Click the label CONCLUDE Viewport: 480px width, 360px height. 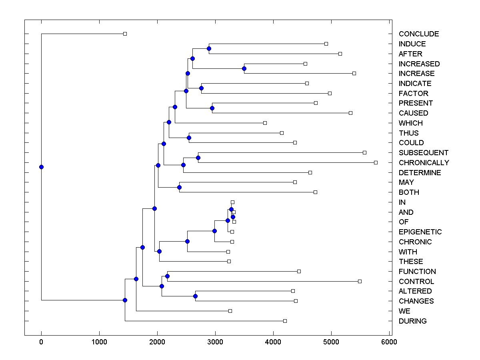(x=418, y=34)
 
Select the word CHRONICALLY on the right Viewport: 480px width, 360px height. (x=424, y=163)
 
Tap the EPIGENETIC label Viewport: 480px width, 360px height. (x=420, y=232)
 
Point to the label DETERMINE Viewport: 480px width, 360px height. (x=420, y=173)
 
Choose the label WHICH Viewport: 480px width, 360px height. (x=410, y=123)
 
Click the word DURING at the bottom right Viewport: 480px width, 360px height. (x=412, y=321)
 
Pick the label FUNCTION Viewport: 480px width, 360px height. (x=417, y=272)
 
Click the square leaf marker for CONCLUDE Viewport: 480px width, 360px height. (x=125, y=34)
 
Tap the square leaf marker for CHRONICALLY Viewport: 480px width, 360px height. (x=376, y=162)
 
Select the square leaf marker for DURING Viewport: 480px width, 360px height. (x=285, y=321)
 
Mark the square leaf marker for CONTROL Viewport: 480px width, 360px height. (x=360, y=281)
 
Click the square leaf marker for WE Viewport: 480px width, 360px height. (x=230, y=311)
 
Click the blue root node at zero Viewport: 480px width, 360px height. (x=41, y=167)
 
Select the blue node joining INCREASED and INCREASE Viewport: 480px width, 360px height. (x=244, y=68)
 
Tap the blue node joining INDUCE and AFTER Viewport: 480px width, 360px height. (x=209, y=48)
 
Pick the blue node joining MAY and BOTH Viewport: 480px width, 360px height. (x=180, y=187)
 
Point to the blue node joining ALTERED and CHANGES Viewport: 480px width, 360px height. (x=195, y=296)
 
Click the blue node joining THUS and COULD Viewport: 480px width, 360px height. (x=189, y=138)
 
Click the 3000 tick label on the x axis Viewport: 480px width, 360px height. (x=215, y=342)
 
